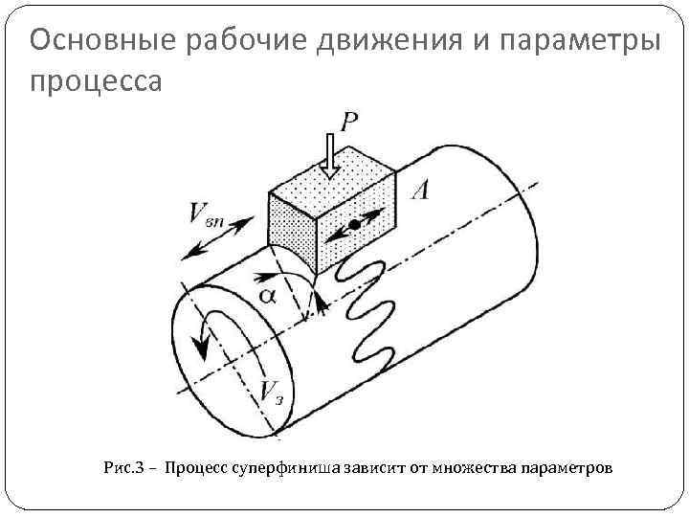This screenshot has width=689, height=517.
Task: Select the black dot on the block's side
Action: pos(354,223)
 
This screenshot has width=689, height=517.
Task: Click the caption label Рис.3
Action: pos(122,468)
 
